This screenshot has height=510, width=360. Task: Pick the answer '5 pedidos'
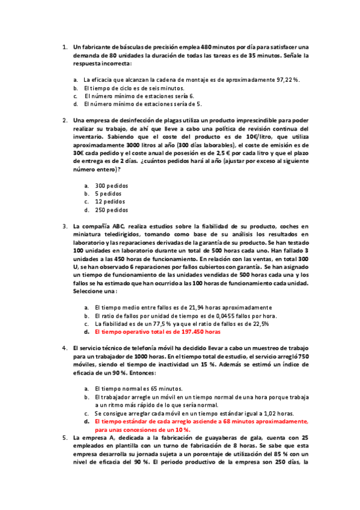[108, 194]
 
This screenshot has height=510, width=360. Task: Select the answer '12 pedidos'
[110, 202]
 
